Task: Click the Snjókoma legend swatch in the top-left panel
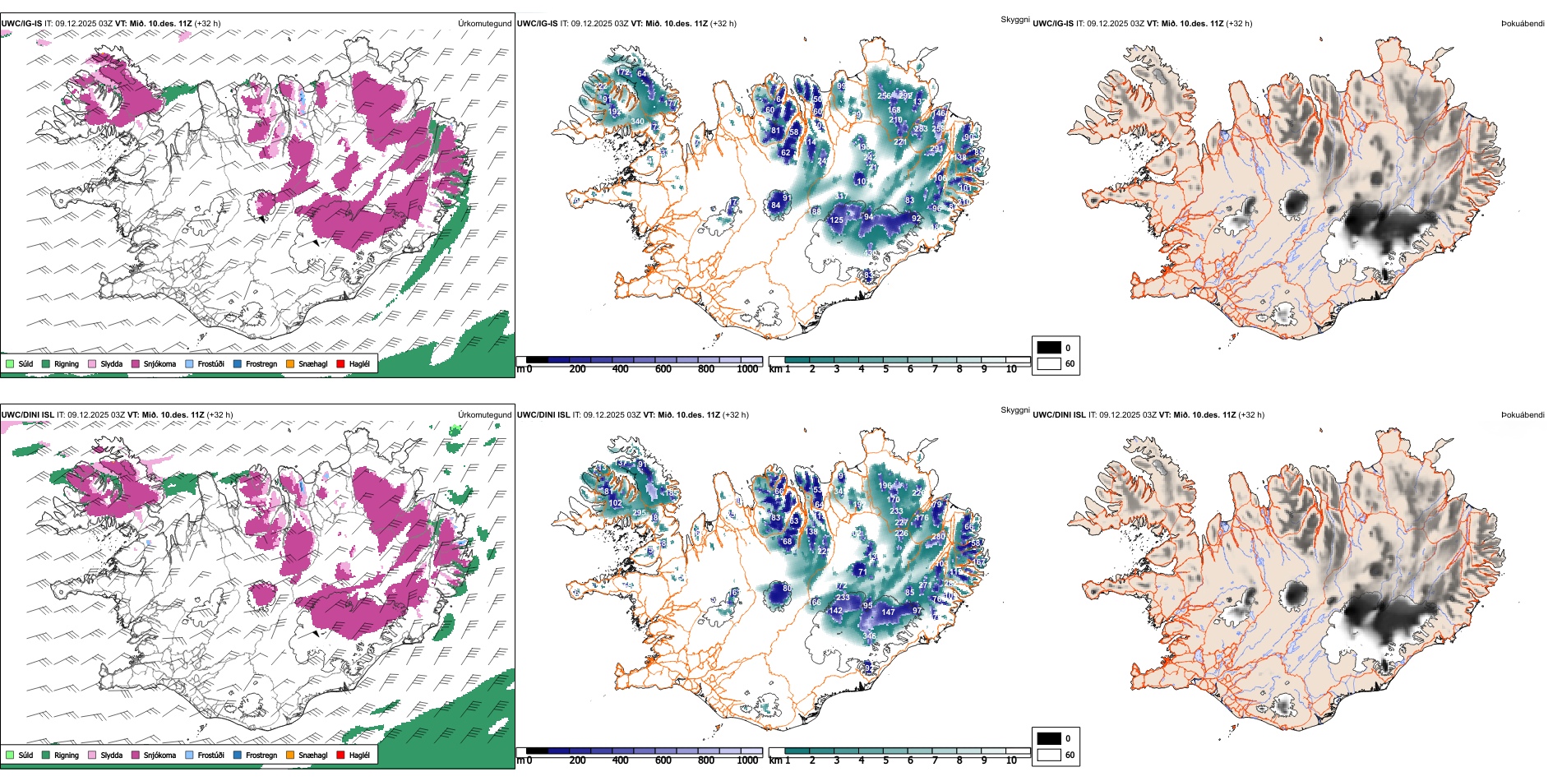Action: click(136, 363)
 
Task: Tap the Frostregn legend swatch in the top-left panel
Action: click(238, 363)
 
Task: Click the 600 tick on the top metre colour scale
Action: click(663, 369)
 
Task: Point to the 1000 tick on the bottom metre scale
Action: click(747, 760)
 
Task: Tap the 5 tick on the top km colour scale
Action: click(886, 369)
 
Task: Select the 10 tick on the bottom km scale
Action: click(1011, 760)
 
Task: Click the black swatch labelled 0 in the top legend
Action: click(1049, 348)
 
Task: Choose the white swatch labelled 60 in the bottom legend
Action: click(1049, 755)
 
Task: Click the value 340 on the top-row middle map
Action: click(637, 122)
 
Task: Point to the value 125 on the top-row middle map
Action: click(836, 220)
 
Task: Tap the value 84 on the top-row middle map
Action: click(775, 206)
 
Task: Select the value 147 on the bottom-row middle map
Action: click(888, 612)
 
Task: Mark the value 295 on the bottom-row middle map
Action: click(639, 513)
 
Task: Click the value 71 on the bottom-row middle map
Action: click(862, 571)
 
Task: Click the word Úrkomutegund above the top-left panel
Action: click(484, 24)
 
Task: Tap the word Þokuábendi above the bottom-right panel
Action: click(1523, 415)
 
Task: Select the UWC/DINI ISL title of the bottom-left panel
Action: click(27, 415)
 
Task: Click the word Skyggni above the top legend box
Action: click(1014, 20)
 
